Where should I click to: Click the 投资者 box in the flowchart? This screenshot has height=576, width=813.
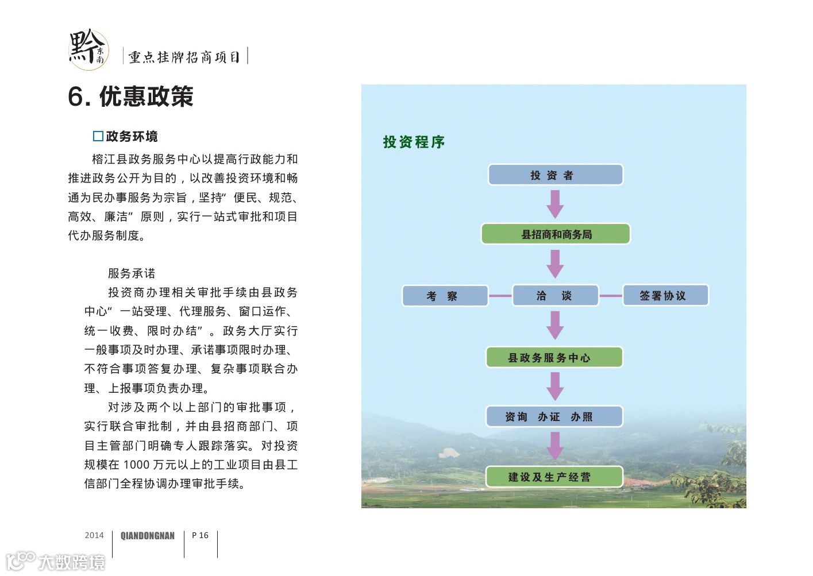[x=555, y=175]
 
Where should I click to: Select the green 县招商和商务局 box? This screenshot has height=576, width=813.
[x=556, y=234]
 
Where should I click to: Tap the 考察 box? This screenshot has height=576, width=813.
[x=445, y=296]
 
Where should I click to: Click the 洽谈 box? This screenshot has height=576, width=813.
[x=555, y=296]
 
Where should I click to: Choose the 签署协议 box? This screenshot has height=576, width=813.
[x=665, y=296]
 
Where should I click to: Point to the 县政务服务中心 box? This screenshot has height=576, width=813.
[x=554, y=357]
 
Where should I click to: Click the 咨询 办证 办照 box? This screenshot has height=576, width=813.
[x=554, y=416]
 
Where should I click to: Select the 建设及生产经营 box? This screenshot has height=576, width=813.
[x=554, y=477]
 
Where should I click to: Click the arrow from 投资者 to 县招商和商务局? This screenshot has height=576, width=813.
[x=555, y=204]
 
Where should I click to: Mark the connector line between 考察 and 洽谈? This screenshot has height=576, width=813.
[x=500, y=296]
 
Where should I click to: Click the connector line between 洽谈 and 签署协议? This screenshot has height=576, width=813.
[x=611, y=296]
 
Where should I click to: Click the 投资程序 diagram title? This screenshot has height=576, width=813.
[x=414, y=142]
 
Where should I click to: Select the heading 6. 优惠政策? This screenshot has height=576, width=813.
[x=130, y=96]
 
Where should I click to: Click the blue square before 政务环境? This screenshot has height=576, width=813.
[x=98, y=136]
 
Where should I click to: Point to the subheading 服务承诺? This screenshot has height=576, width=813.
[x=132, y=273]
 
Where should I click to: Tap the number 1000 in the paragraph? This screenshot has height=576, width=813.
[x=136, y=465]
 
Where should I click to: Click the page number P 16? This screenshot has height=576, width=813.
[x=200, y=535]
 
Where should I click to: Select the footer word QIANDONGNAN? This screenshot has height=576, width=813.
[x=148, y=536]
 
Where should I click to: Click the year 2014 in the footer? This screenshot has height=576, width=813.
[x=94, y=535]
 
